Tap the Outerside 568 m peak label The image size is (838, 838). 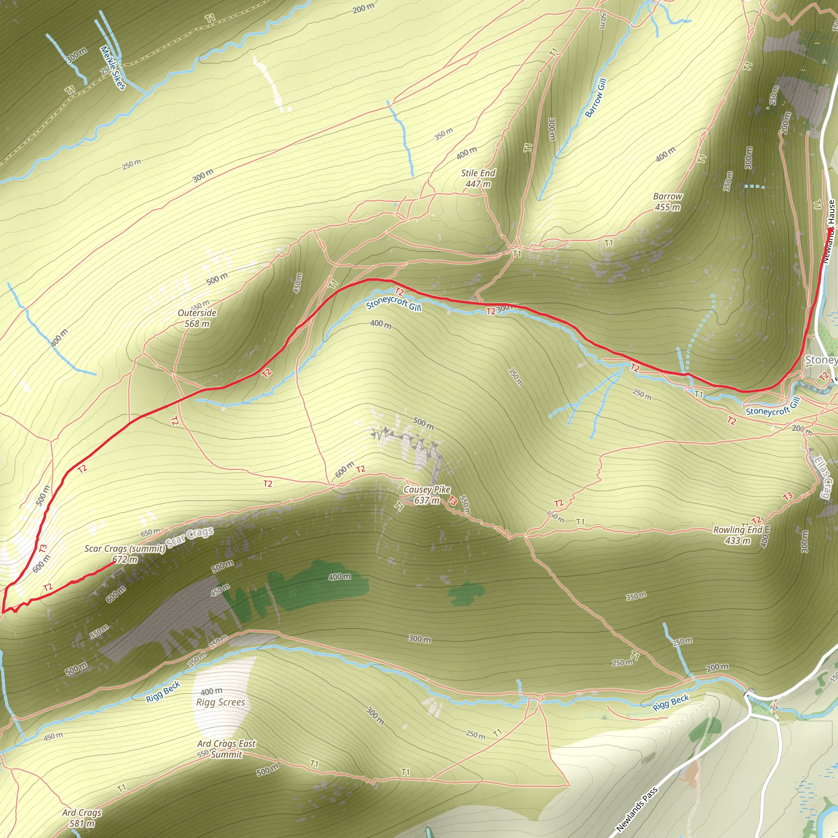pyautogui.click(x=197, y=318)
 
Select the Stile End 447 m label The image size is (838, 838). pyautogui.click(x=478, y=178)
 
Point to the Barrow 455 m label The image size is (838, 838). pyautogui.click(x=667, y=202)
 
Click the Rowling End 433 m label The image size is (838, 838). pyautogui.click(x=737, y=535)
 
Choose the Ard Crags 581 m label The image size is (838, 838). pyautogui.click(x=81, y=818)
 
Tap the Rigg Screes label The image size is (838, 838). pyautogui.click(x=221, y=702)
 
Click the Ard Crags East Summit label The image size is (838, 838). pyautogui.click(x=226, y=749)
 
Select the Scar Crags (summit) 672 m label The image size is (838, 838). pyautogui.click(x=124, y=554)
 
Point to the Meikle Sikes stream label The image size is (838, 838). pyautogui.click(x=113, y=68)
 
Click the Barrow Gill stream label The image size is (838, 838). pyautogui.click(x=595, y=98)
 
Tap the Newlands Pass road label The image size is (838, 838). pyautogui.click(x=637, y=809)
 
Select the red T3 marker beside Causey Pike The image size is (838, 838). pyautogui.click(x=453, y=500)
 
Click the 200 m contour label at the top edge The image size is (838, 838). pyautogui.click(x=363, y=8)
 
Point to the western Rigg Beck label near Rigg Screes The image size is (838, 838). pyautogui.click(x=163, y=692)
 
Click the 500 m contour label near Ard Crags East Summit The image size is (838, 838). pyautogui.click(x=267, y=770)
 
